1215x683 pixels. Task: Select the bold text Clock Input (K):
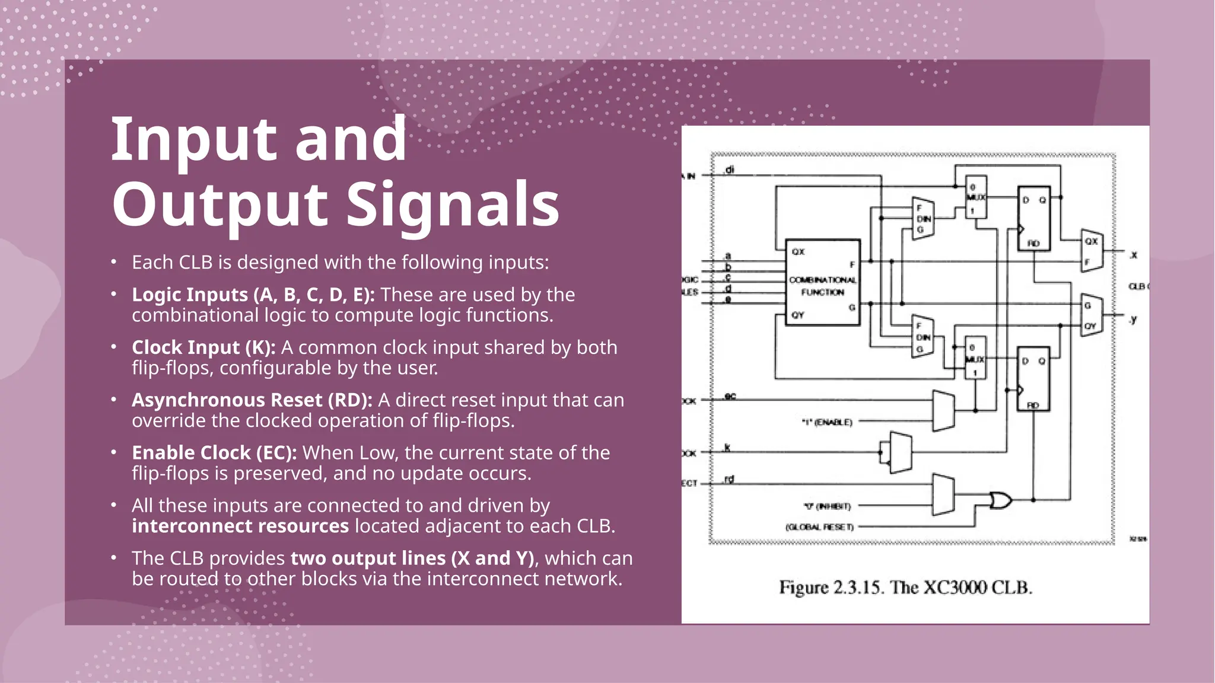point(203,347)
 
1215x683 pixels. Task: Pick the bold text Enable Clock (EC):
point(214,452)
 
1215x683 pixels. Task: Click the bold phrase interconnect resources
point(240,526)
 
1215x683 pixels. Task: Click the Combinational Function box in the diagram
point(822,283)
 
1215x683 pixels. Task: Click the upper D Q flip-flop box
point(1034,218)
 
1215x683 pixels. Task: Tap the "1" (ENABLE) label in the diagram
point(827,422)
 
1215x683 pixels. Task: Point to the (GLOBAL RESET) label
point(820,526)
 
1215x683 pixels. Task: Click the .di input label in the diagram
point(729,170)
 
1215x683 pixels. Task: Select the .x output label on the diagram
point(1133,255)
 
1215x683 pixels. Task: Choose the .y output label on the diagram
point(1133,320)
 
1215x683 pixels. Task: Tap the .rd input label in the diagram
point(729,479)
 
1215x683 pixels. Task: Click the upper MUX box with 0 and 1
point(975,197)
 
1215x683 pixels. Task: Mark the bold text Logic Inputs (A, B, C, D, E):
point(253,294)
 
